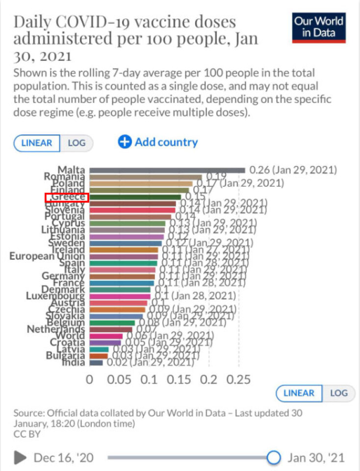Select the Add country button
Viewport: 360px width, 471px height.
(x=158, y=142)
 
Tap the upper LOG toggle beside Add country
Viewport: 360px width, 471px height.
(x=77, y=143)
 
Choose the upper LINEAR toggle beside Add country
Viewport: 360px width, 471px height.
(x=37, y=143)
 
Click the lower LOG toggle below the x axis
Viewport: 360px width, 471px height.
(x=338, y=393)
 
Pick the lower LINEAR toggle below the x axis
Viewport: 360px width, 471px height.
(x=299, y=393)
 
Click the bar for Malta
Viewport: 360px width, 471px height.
(x=167, y=170)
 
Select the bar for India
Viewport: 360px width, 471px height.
(x=96, y=363)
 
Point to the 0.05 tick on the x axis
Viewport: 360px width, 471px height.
(x=119, y=380)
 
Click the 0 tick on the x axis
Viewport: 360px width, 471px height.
(x=89, y=380)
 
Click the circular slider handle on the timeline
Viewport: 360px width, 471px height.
(x=274, y=458)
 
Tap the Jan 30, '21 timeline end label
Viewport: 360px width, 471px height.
(x=316, y=458)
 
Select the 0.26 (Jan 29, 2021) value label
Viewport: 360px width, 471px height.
(x=293, y=170)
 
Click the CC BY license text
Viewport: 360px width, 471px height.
(x=27, y=434)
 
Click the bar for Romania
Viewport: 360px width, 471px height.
(x=146, y=177)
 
